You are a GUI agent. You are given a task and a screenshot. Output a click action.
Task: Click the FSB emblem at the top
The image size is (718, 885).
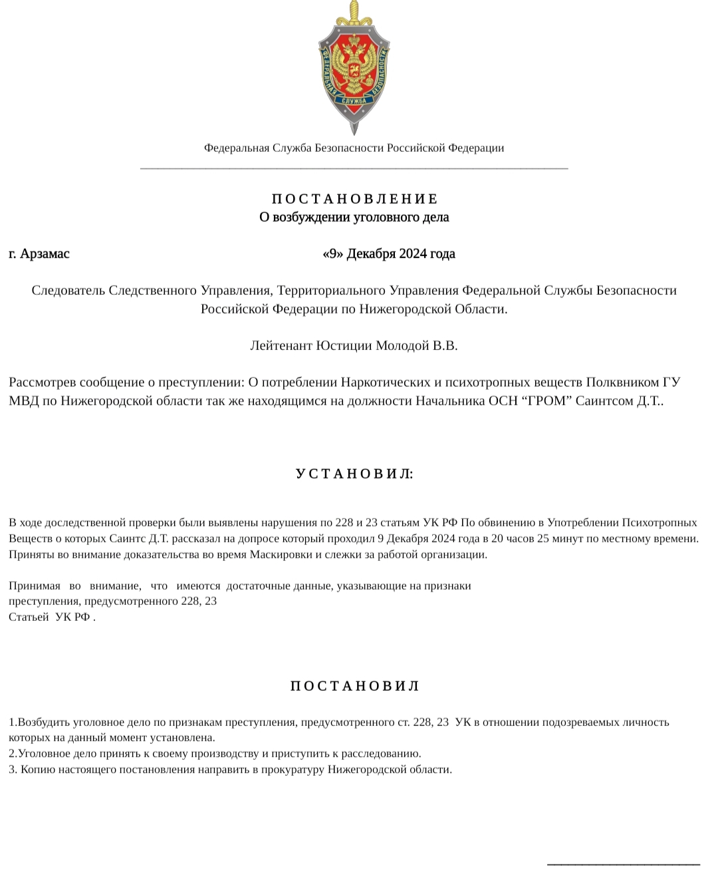(x=354, y=67)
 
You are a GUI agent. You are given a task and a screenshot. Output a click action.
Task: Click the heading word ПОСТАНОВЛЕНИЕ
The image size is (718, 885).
(x=355, y=199)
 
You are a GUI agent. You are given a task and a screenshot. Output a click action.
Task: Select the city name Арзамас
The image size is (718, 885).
(x=45, y=254)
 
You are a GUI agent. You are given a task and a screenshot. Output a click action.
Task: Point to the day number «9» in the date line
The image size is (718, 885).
(x=332, y=254)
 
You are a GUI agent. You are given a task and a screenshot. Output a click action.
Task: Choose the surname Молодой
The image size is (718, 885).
(x=403, y=345)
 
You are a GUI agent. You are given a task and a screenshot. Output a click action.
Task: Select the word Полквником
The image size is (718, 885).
(x=623, y=382)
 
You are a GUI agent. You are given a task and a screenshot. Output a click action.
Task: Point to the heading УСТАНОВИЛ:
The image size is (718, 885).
(x=354, y=474)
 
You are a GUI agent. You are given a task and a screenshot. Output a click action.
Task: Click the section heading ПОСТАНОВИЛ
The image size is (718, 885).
(x=355, y=686)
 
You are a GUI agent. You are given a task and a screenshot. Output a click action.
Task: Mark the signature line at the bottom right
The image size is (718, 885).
(x=623, y=864)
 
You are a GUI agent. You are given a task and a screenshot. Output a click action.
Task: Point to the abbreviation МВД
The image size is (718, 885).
(x=24, y=401)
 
